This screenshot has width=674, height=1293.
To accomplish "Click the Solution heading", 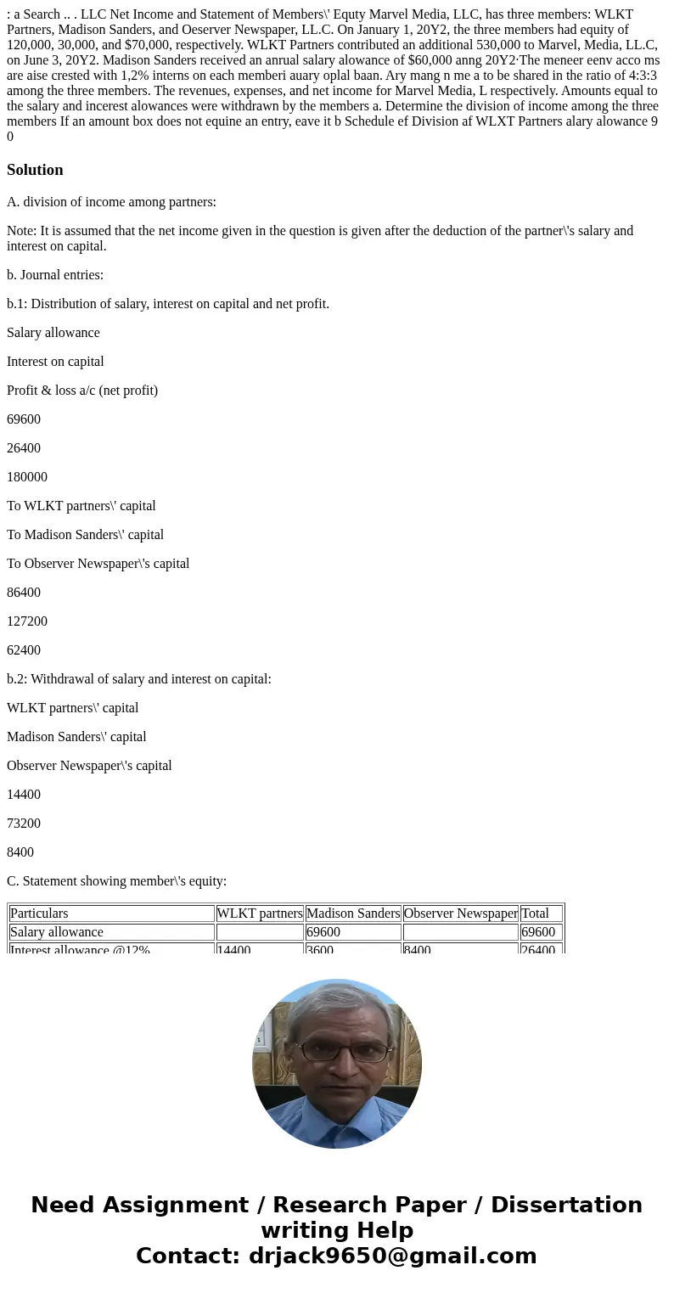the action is pos(35,170).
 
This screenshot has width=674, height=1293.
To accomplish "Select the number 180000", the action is pos(27,477).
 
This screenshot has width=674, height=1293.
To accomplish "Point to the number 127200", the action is pos(27,621).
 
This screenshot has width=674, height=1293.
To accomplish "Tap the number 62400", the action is pos(24,650).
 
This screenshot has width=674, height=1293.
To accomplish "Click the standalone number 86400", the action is pos(24,593).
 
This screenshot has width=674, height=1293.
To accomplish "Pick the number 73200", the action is pos(24,824).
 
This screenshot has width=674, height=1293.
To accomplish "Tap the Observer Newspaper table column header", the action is pos(460,914).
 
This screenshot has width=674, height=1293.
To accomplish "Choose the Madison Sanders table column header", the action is pos(353,914).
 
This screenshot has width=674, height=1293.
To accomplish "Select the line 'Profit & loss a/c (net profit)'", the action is pos(82,391).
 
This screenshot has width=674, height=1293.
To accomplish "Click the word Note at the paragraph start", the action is pos(21,231).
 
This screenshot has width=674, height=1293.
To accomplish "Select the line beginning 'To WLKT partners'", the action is pos(81,506).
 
